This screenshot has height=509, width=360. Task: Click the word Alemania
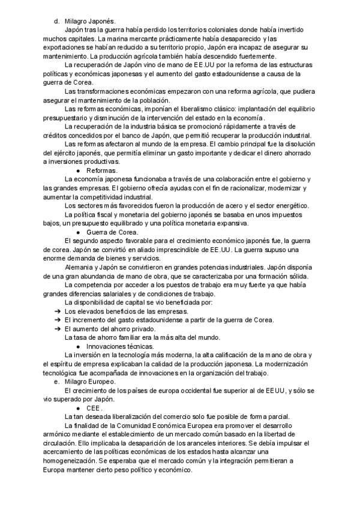(79, 268)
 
